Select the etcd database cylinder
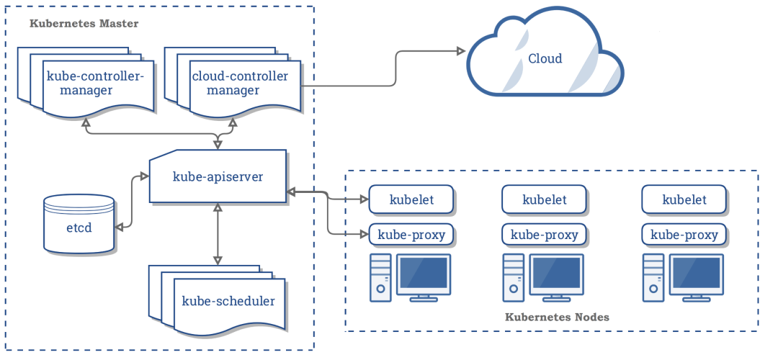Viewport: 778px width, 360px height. (x=79, y=224)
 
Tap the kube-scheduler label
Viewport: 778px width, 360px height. (x=228, y=301)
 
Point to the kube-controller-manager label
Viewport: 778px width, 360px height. (x=95, y=84)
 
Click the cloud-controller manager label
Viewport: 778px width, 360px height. (x=239, y=84)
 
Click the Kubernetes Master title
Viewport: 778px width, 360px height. (x=84, y=24)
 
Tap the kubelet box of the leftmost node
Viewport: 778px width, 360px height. (x=411, y=200)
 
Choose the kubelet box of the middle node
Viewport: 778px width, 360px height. (x=544, y=200)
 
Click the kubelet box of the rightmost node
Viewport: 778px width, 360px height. (x=684, y=200)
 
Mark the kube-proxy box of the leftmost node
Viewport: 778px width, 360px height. (x=411, y=234)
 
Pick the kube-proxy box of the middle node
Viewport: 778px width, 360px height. (x=544, y=234)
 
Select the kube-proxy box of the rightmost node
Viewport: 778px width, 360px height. (x=684, y=234)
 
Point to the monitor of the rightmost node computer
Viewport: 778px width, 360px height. (x=696, y=275)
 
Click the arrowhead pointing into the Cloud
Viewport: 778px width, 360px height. (x=459, y=51)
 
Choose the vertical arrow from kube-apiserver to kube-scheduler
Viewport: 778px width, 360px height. (x=217, y=234)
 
